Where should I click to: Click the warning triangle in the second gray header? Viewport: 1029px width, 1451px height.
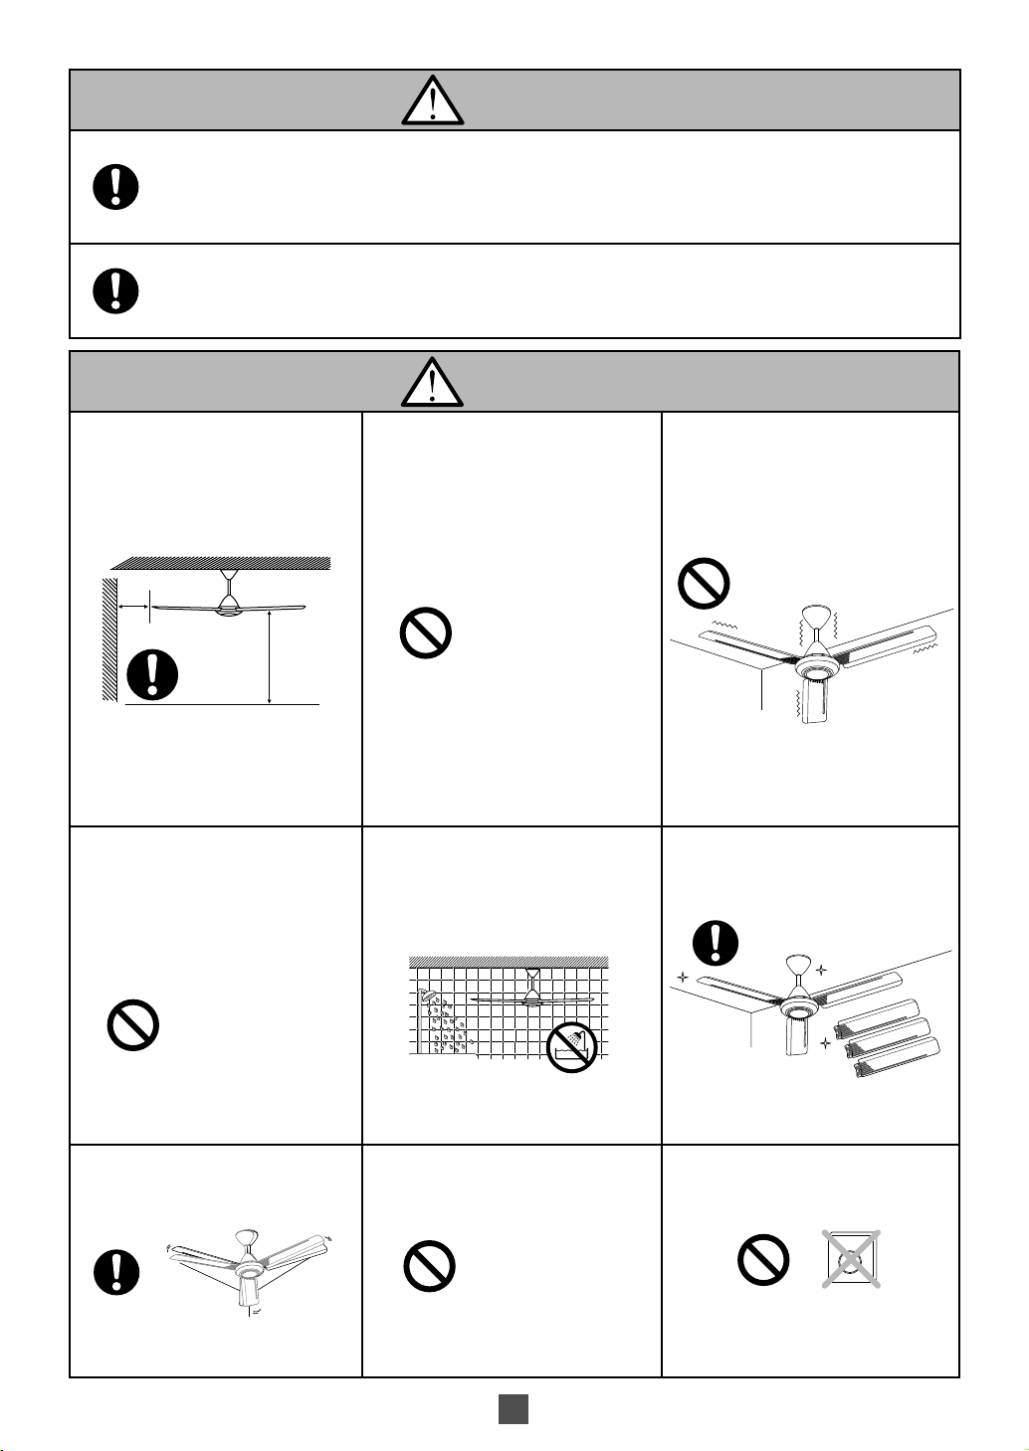(433, 382)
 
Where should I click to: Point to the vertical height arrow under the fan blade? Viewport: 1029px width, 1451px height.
(270, 656)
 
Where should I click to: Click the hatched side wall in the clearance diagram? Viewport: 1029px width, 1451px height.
(109, 636)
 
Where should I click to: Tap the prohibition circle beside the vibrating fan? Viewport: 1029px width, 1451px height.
(705, 584)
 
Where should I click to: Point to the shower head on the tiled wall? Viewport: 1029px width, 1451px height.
(427, 998)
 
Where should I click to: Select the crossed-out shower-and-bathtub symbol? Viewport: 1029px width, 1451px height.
(572, 1048)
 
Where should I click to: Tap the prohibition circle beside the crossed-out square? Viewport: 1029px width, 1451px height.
(763, 1260)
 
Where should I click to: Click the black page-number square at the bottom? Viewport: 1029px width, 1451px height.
(514, 1409)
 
